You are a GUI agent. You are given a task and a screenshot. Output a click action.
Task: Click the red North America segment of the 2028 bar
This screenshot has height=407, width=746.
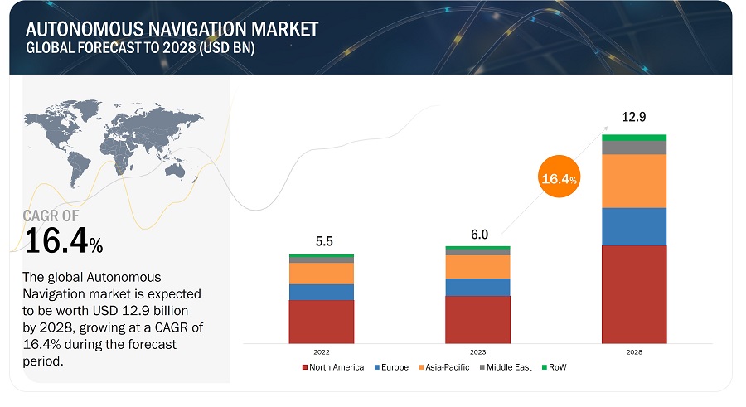[x=634, y=294]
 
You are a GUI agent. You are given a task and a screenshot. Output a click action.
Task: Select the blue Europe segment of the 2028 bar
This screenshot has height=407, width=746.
[x=634, y=226]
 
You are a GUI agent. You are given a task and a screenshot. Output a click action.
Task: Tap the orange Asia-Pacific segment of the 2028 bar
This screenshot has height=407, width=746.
[x=634, y=181]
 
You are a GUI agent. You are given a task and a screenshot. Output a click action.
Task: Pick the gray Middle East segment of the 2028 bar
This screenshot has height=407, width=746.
[x=634, y=148]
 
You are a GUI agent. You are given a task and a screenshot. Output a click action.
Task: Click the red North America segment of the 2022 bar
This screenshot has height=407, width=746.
[x=322, y=322]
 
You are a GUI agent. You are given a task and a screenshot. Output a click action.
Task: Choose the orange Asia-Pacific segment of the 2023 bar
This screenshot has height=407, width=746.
[x=477, y=267]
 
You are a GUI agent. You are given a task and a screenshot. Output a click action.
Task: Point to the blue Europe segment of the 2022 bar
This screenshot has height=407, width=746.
[x=322, y=292]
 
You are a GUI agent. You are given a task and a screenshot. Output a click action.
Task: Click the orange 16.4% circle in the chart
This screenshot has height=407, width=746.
[x=559, y=178]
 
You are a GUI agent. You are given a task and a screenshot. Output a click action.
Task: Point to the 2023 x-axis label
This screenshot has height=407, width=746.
[x=477, y=351]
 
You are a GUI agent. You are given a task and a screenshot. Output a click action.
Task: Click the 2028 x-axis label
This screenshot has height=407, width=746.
[x=634, y=351]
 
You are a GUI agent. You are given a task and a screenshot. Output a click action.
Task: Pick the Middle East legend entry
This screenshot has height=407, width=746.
[x=506, y=367]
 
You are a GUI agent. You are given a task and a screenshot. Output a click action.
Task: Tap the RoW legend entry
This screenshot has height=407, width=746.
[x=556, y=367]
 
